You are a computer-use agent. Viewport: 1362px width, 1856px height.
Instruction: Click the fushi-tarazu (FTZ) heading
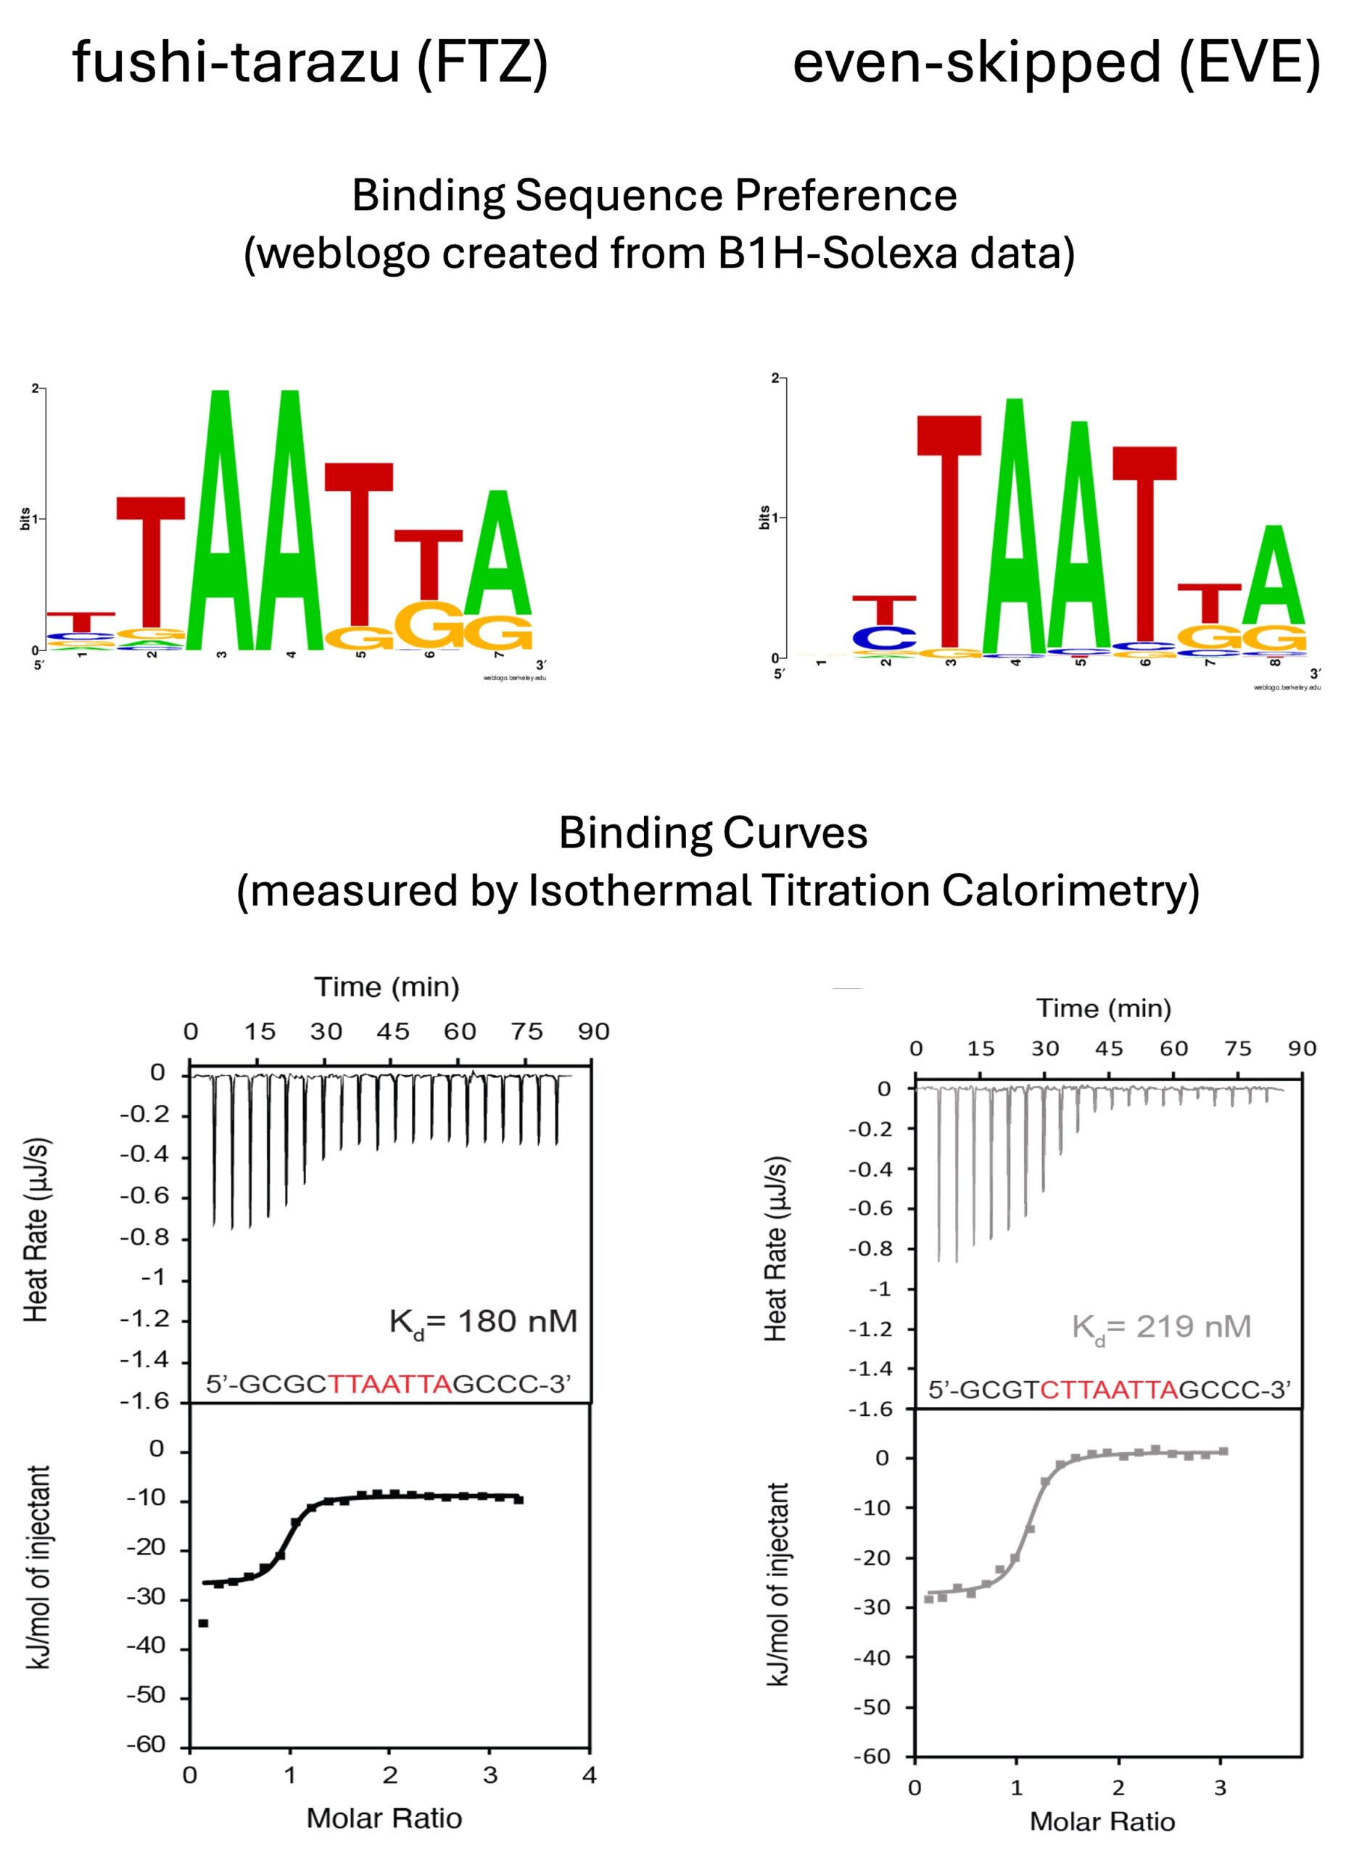[x=310, y=62]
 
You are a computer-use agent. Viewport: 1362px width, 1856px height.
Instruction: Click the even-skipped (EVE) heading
[x=1056, y=62]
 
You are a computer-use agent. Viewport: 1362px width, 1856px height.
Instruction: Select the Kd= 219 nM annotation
[x=1161, y=1327]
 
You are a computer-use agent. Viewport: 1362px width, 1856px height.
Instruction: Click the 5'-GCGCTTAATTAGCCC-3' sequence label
[x=388, y=1384]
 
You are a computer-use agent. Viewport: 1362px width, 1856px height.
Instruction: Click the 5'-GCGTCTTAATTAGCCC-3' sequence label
[x=1109, y=1391]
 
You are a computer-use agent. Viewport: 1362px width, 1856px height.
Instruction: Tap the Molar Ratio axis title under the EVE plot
[x=1102, y=1821]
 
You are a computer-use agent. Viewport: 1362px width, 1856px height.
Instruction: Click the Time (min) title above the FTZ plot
[x=387, y=987]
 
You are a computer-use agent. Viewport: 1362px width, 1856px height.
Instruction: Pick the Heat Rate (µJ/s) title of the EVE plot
[x=776, y=1248]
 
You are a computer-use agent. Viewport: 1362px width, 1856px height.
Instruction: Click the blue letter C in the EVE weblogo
[x=884, y=637]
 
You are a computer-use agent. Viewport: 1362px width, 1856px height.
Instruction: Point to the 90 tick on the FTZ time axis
[x=593, y=1032]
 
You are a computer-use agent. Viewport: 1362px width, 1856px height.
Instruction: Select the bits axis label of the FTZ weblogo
[x=25, y=518]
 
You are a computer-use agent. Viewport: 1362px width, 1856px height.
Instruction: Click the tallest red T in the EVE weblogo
[x=950, y=531]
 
